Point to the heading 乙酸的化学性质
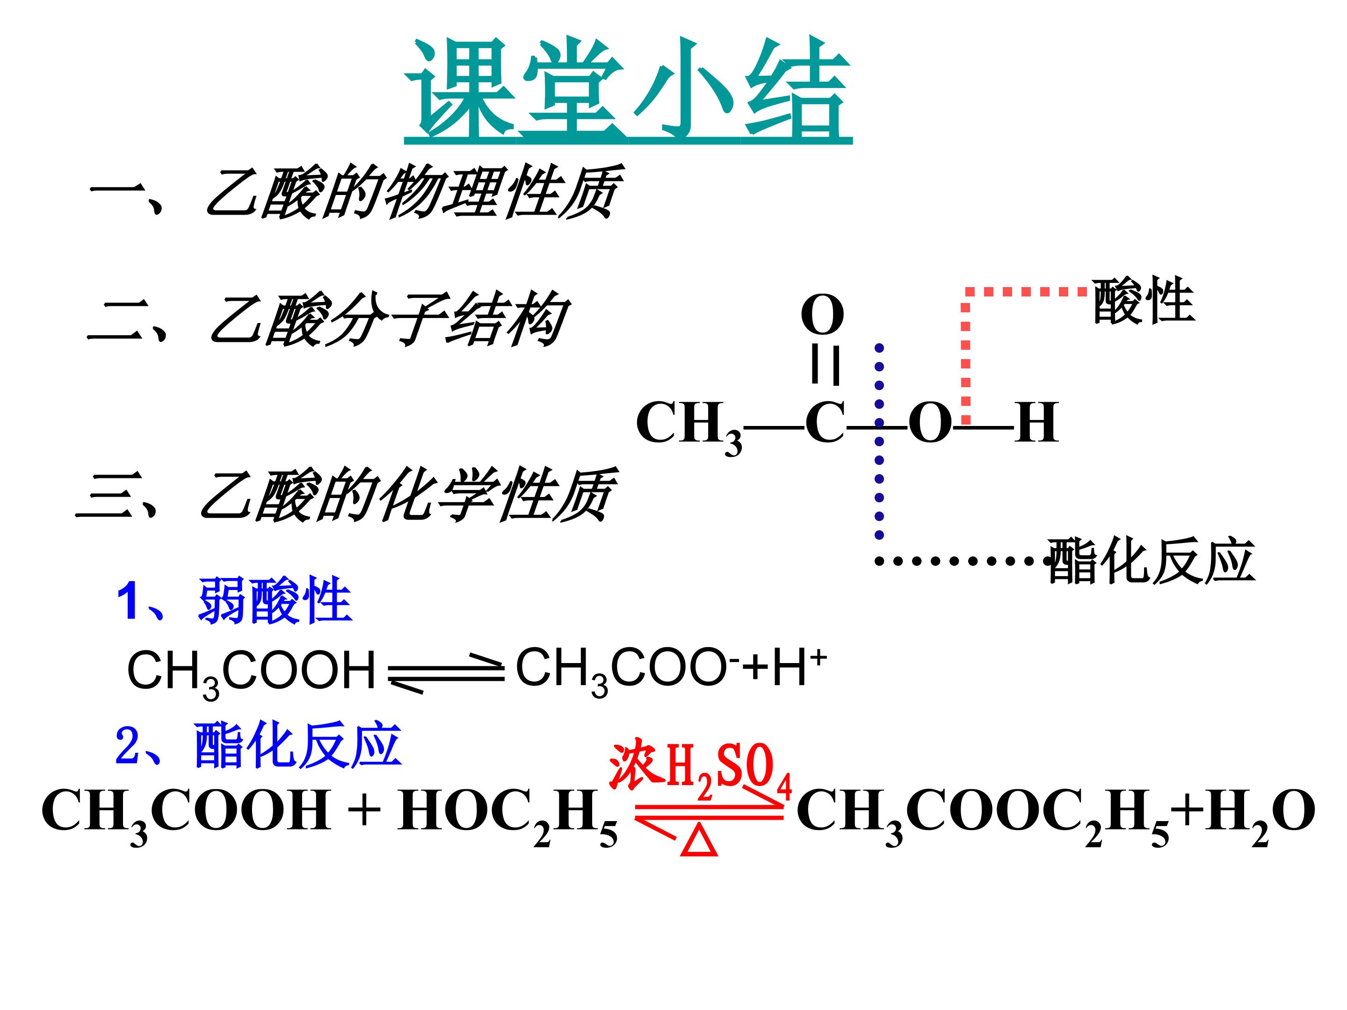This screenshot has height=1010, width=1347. [x=406, y=494]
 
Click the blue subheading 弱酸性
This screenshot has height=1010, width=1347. [x=275, y=600]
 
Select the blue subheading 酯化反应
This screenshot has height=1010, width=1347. [x=298, y=744]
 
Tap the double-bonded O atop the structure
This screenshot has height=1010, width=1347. [x=822, y=315]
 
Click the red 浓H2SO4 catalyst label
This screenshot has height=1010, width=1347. [x=700, y=771]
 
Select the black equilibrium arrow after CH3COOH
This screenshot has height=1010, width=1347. [x=446, y=675]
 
